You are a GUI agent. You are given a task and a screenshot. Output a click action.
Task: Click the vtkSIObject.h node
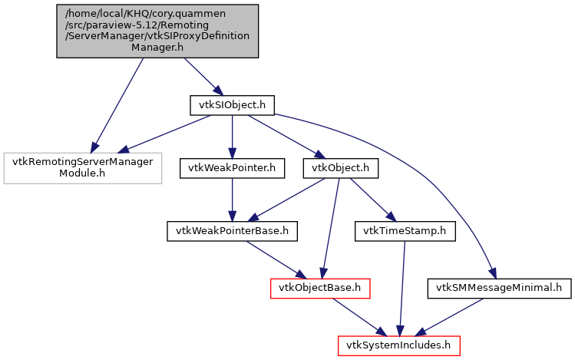click(232, 105)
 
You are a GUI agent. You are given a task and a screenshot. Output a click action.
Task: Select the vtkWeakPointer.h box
click(232, 167)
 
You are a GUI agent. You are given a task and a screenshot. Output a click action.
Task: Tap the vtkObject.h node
click(340, 167)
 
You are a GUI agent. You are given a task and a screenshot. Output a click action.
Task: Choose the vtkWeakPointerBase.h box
click(232, 230)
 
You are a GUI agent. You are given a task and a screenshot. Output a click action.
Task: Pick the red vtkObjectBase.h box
click(321, 288)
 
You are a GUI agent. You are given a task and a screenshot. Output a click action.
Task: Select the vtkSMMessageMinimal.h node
click(499, 288)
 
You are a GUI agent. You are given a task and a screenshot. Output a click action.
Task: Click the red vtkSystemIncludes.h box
click(398, 345)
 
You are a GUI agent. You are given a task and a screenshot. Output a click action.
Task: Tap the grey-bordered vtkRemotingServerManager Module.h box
click(83, 167)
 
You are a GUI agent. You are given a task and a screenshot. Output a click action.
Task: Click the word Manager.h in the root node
click(157, 47)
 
